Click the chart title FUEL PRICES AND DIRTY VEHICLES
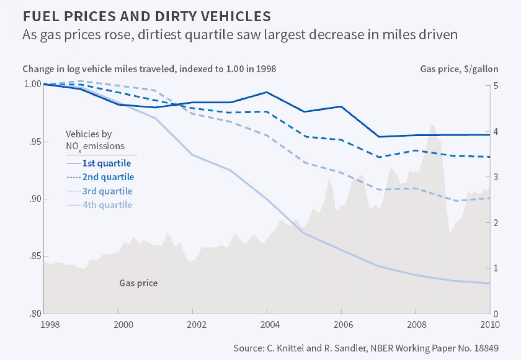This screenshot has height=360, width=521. [x=147, y=17]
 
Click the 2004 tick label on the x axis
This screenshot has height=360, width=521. [x=270, y=325]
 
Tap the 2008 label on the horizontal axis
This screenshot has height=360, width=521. [x=417, y=325]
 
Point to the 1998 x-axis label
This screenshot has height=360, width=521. [x=50, y=325]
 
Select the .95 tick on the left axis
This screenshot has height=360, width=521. [x=35, y=142]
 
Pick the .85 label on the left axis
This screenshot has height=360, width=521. [x=35, y=256]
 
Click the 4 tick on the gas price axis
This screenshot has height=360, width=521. [x=495, y=132]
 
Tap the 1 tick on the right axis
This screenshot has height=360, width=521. [x=495, y=268]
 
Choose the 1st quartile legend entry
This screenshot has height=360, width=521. [x=106, y=163]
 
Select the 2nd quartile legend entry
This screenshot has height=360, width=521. [x=108, y=177]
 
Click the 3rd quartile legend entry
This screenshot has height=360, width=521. [x=107, y=191]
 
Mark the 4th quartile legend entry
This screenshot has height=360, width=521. [x=107, y=205]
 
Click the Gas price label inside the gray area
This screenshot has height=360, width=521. [x=138, y=283]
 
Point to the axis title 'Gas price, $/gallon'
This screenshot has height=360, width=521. [x=459, y=69]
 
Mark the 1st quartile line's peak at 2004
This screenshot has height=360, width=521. [x=267, y=92]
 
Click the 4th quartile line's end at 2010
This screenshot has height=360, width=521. [x=489, y=283]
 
